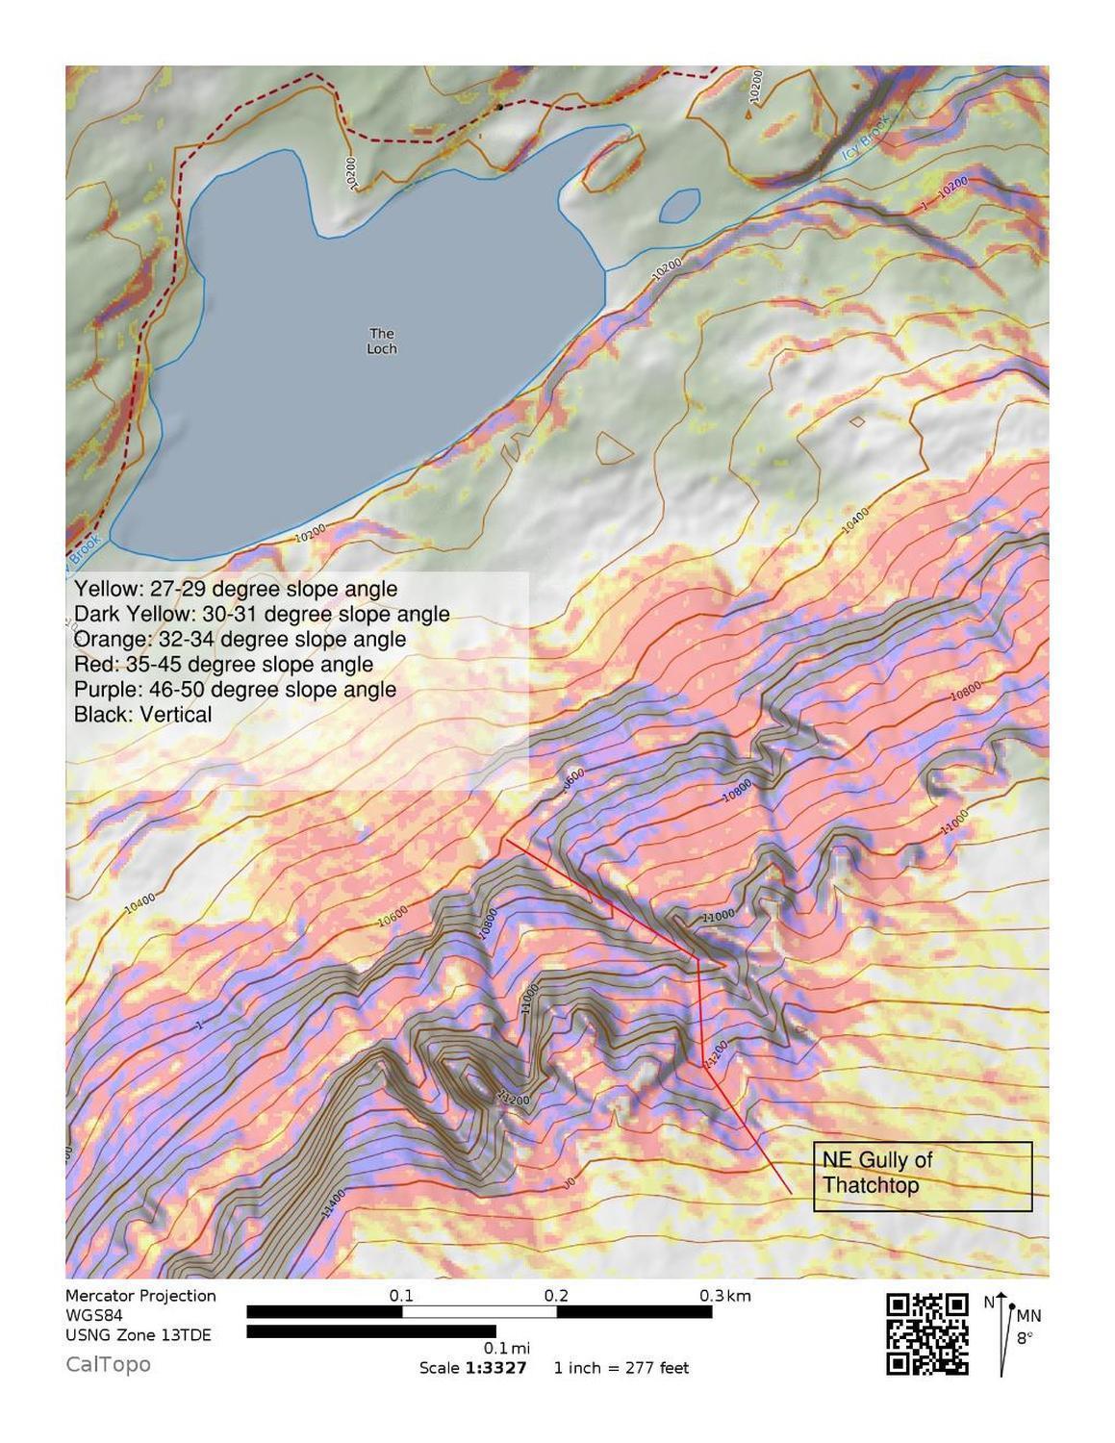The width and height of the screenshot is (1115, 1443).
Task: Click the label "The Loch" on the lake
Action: pos(382,342)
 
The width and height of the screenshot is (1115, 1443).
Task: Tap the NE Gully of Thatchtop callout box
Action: pos(922,1175)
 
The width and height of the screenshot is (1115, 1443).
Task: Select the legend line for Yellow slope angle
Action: pos(236,589)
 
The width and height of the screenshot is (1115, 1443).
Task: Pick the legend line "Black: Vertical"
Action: pos(142,715)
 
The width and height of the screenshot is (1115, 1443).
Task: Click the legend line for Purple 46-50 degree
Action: pos(235,690)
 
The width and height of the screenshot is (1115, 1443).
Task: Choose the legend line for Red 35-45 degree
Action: pos(223,665)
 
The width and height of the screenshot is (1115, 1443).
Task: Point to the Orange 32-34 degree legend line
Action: pos(240,640)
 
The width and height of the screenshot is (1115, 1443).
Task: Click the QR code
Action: pos(926,1334)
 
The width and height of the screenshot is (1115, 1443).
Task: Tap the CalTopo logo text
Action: pos(108,1364)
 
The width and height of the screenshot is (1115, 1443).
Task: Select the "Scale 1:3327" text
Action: pos(472,1368)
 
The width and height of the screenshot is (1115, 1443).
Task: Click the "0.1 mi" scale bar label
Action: pos(507,1349)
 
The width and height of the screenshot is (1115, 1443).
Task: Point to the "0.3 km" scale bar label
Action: pos(724,1296)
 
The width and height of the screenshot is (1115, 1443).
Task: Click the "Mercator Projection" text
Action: pos(140,1296)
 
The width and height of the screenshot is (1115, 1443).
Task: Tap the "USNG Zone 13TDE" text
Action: pos(139,1335)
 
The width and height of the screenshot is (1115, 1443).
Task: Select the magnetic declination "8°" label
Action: pos(1026,1337)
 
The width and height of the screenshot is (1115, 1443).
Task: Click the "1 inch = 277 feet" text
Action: pos(621,1368)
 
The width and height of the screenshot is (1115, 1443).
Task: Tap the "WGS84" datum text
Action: pos(93,1315)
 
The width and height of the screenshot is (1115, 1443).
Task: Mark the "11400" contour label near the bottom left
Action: pos(333,1204)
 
